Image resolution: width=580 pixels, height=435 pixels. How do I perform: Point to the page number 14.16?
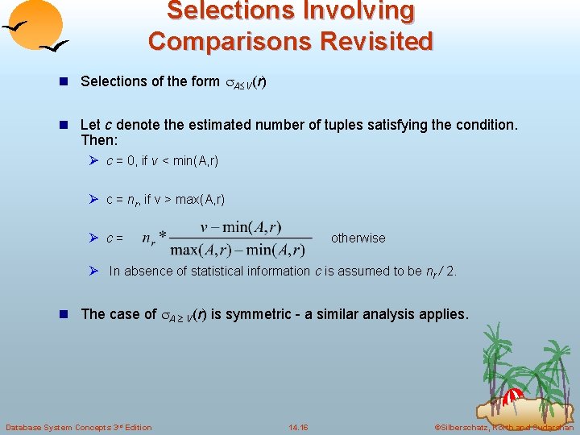[298, 427]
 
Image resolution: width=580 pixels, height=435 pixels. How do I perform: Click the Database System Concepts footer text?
[78, 427]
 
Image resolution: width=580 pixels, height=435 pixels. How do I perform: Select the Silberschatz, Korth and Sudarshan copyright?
[503, 427]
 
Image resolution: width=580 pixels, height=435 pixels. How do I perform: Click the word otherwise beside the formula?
[358, 238]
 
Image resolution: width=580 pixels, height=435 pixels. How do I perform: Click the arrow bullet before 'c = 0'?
[93, 161]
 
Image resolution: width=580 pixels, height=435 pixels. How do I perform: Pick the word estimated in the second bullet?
[222, 126]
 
